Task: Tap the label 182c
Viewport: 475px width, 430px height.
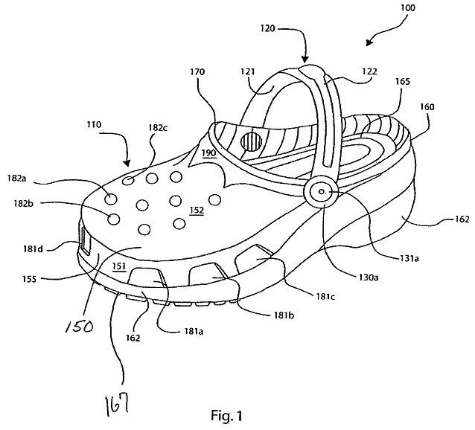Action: coord(158,128)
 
